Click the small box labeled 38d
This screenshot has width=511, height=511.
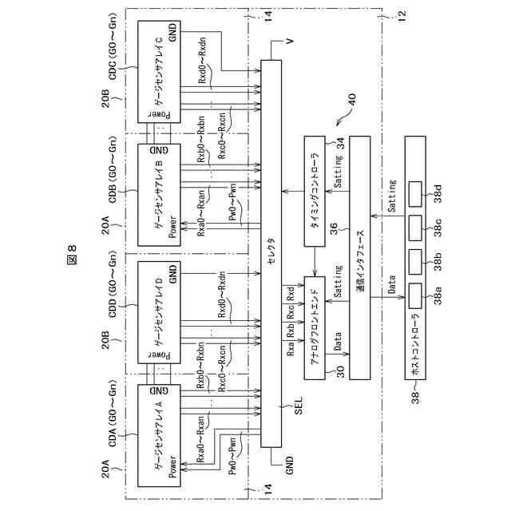414,192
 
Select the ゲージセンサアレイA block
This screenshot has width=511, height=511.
159,434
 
